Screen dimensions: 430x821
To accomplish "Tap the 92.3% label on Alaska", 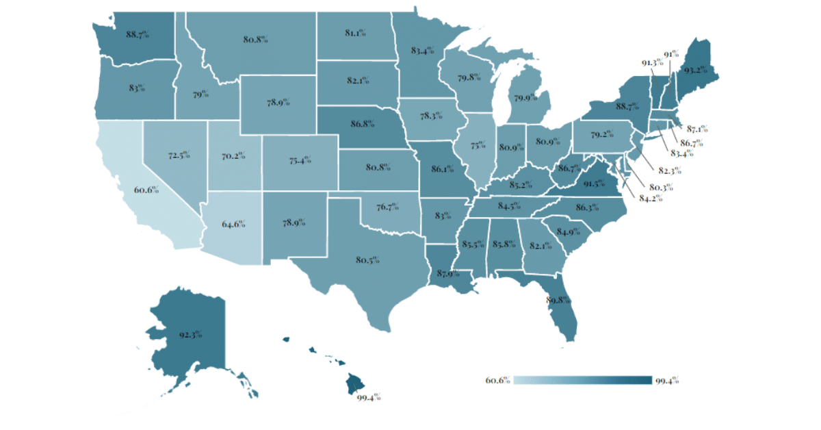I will (191, 335).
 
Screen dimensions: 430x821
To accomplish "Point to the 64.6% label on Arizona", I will (233, 223).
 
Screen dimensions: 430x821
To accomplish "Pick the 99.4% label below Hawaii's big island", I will (369, 397).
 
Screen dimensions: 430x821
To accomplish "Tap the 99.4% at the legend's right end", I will (667, 381).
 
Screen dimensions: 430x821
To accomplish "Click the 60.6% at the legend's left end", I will (498, 381).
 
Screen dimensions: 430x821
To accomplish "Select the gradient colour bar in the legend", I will (582, 381).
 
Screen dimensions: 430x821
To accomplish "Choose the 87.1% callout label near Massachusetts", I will (697, 128).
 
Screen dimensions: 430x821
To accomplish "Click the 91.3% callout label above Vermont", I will (651, 63).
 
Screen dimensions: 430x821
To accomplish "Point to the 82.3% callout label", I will (669, 170).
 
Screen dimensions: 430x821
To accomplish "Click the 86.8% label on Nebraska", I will (362, 125).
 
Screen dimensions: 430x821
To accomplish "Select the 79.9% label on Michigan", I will (525, 98).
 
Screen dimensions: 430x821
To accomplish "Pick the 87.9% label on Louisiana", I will (449, 274).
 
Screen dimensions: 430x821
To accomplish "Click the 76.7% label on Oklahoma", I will (387, 207).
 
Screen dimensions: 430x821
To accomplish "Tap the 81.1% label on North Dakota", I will (354, 31).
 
